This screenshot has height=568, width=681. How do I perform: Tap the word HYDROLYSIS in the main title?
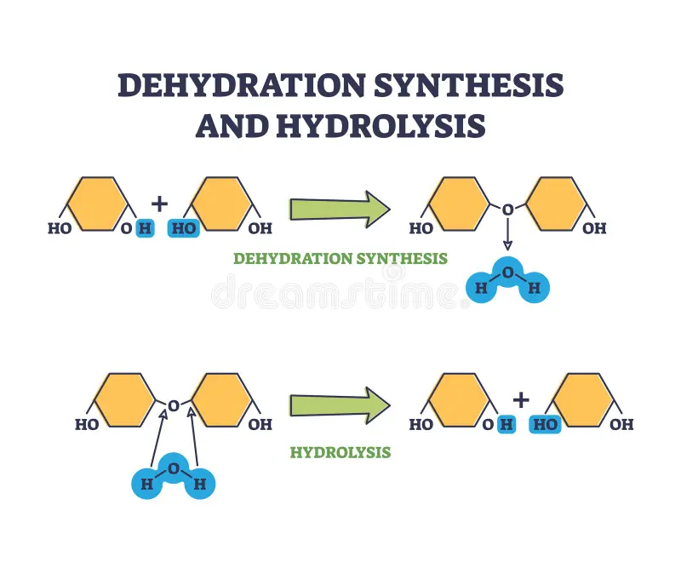tap(381, 125)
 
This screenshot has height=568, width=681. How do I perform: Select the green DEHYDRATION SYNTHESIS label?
tap(340, 259)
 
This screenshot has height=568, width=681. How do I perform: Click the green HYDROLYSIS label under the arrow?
tap(340, 452)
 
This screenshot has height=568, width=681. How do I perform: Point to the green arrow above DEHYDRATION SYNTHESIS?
tap(340, 209)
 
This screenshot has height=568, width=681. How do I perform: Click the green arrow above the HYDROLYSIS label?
tap(340, 405)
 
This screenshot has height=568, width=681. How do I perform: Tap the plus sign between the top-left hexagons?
tap(159, 204)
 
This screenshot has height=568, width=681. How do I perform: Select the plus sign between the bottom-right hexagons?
tap(521, 400)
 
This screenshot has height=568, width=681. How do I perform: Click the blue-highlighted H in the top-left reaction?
tap(145, 228)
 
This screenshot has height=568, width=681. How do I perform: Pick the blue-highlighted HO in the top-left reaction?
tap(184, 228)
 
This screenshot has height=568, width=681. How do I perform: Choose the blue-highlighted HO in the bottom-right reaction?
tap(545, 424)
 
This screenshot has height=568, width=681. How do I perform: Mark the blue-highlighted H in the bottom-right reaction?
tap(506, 424)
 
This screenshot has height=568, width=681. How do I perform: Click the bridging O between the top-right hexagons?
tap(507, 209)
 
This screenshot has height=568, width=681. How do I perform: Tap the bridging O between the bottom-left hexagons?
tap(174, 406)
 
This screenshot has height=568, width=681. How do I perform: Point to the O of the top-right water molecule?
tap(507, 273)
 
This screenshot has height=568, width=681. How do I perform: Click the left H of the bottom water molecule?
tap(146, 484)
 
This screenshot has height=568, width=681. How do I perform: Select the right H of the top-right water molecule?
tap(535, 288)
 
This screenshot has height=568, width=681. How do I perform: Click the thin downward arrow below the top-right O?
tap(507, 234)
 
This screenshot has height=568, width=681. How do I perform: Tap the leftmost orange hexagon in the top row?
tap(98, 204)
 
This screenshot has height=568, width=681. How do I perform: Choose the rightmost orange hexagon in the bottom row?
tap(583, 400)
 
